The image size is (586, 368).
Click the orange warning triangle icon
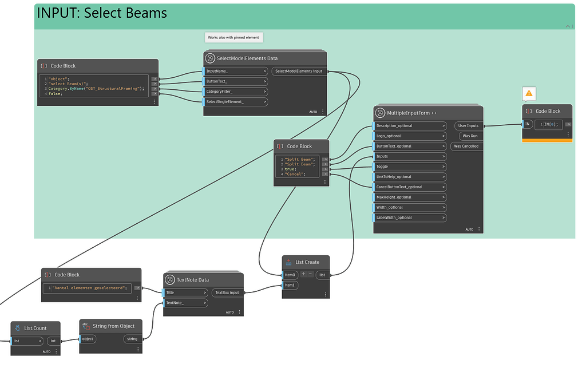529,93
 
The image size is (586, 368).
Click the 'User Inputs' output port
469,126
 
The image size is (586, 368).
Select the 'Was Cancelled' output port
466,147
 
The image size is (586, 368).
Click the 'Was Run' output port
470,136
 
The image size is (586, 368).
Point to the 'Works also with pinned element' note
233,37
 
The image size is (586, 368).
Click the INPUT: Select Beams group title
102,13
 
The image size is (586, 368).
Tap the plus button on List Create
303,275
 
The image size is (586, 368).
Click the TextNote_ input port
185,303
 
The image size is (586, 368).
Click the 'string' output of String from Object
132,339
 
